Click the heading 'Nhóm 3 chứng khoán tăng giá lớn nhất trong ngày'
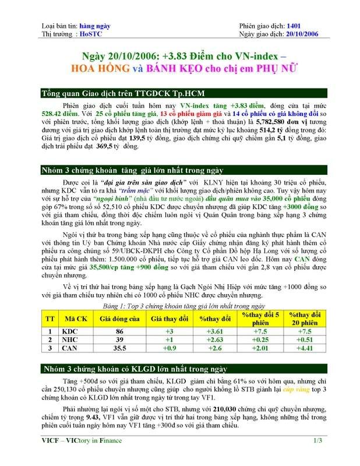click(132, 171)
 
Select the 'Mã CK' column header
click(74, 319)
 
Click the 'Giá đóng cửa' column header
click(119, 319)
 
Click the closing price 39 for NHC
click(119, 340)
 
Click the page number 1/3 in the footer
click(317, 456)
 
